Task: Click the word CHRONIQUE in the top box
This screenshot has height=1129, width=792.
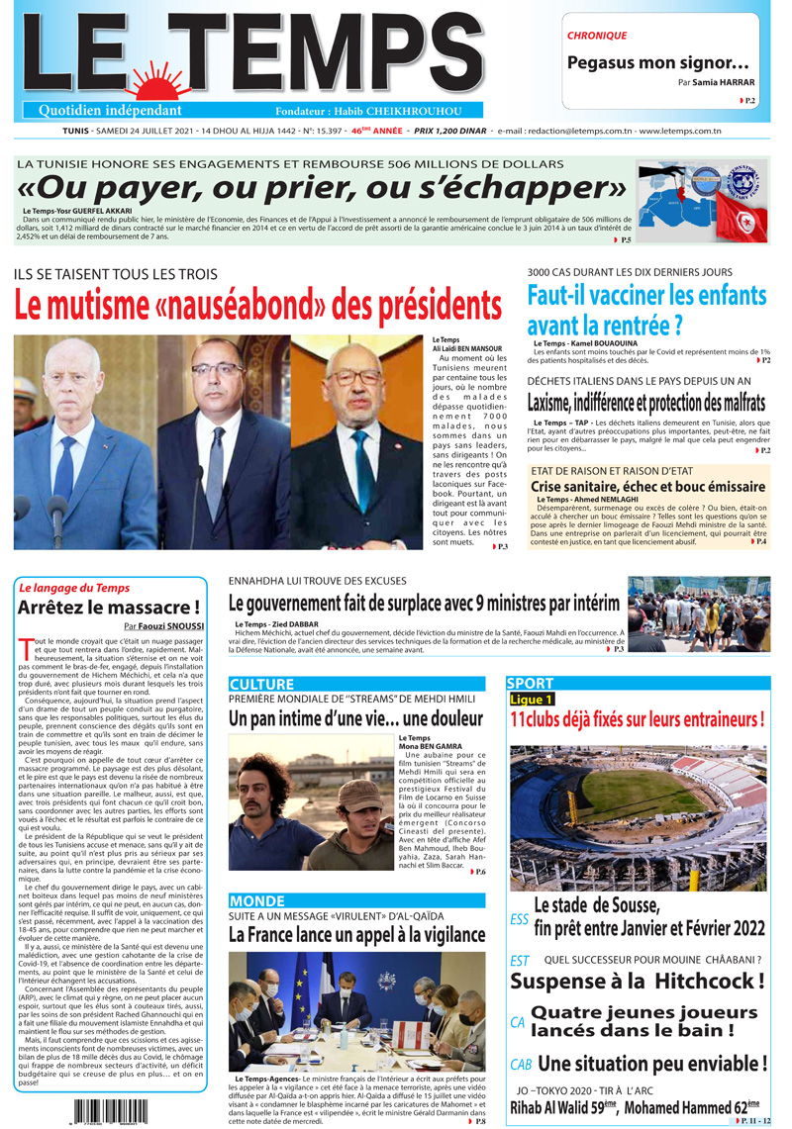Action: point(597,36)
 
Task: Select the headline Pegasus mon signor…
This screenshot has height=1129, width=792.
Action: point(657,62)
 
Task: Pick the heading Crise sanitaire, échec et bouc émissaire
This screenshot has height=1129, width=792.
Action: point(647,487)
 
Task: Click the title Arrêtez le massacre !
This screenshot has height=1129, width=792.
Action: point(109,607)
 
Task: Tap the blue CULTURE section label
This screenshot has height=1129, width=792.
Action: point(261,684)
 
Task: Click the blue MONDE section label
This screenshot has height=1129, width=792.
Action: point(256,900)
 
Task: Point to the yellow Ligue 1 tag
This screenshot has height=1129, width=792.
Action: point(533,699)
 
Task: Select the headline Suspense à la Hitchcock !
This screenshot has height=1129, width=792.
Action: point(638,982)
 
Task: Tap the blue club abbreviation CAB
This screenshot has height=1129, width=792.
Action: point(521,1065)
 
